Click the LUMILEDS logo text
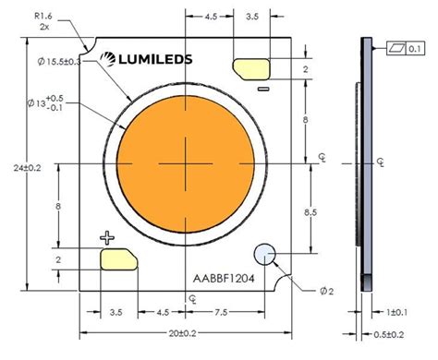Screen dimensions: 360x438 [150, 59]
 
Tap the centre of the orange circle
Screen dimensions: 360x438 [186, 162]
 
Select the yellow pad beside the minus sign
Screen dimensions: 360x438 [250, 69]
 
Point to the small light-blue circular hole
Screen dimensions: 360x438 [264, 253]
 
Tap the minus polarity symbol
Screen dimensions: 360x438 [262, 89]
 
